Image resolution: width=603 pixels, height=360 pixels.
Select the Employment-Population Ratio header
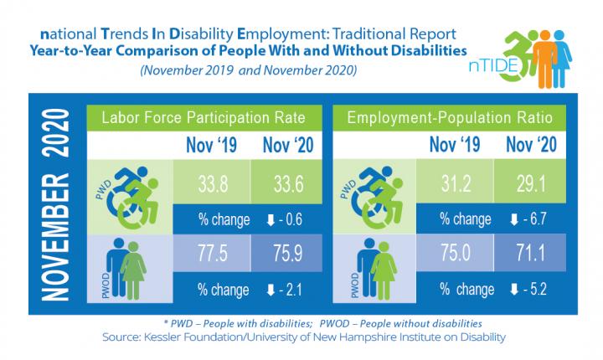(449, 119)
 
